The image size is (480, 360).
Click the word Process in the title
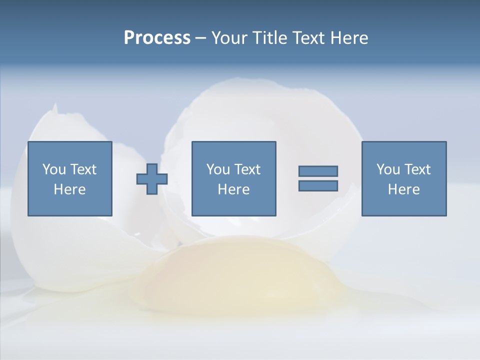[x=157, y=38]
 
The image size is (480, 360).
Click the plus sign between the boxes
[x=152, y=179]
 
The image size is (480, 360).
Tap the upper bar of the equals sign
[x=318, y=171]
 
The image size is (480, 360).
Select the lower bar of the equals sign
[x=318, y=185]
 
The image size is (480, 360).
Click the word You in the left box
[x=53, y=169]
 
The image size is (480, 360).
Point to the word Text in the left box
[x=82, y=169]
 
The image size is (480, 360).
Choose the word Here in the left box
[x=69, y=189]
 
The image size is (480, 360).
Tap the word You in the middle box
[x=218, y=169]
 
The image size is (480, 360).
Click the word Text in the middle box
[x=247, y=169]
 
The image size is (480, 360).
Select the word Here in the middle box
[x=233, y=189]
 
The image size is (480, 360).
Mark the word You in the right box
[x=388, y=169]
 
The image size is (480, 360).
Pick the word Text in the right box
[x=417, y=169]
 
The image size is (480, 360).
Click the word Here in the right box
[x=403, y=189]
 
